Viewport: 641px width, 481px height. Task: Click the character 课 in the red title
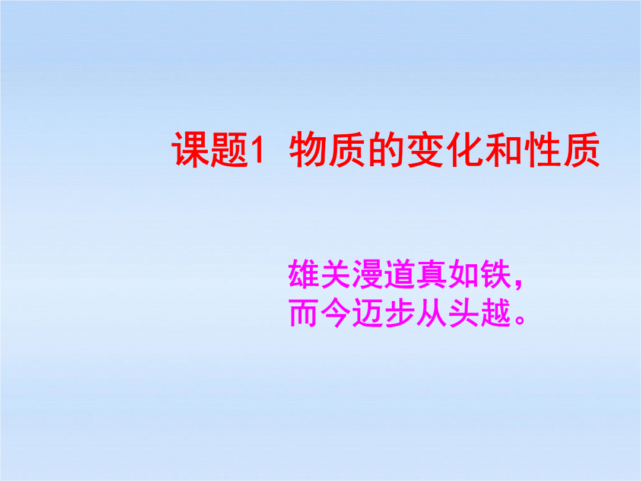coord(191,150)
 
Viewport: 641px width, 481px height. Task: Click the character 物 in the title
coord(308,150)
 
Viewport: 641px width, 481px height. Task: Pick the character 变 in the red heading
coord(426,150)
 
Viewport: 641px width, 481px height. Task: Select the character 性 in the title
coord(542,150)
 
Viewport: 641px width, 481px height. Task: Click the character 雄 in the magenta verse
coord(304,274)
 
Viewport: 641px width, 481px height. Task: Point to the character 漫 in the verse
coord(367,274)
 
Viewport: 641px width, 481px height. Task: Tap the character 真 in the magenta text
coord(431,274)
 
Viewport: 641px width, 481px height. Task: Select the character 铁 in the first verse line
coord(496,274)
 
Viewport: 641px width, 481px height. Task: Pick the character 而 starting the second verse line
coord(304,312)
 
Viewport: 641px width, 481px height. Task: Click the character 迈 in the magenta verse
coord(367,312)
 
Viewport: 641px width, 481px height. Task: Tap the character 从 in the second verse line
coord(431,312)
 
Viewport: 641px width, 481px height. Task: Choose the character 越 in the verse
coord(496,312)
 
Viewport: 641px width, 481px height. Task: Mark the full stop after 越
coord(520,319)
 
